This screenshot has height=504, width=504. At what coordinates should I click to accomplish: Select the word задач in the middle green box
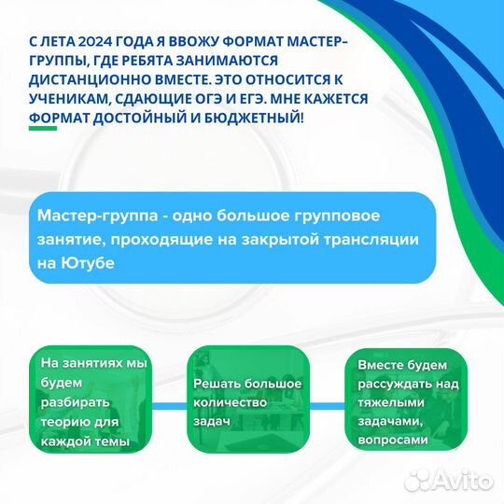click(x=212, y=422)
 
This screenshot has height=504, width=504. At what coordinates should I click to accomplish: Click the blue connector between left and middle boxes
click(x=172, y=403)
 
